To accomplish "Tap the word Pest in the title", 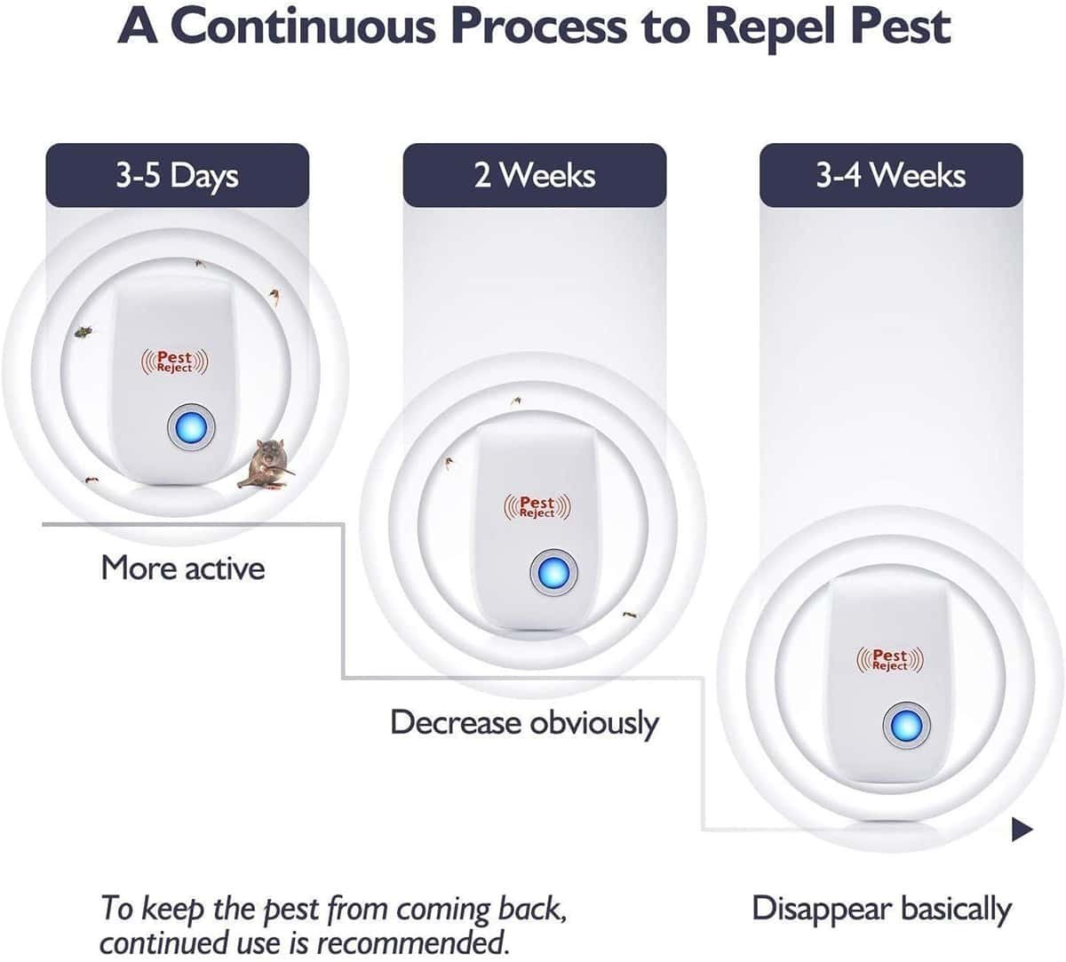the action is (x=899, y=27).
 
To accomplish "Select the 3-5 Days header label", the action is (x=177, y=175).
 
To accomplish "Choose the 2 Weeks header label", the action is (x=535, y=175).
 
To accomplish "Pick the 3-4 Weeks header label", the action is (x=891, y=175).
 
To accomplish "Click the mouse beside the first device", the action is (x=266, y=464).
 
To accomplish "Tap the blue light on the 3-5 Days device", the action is (x=191, y=427).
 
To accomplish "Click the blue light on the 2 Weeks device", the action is (x=553, y=573).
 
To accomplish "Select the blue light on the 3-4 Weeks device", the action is (x=907, y=726).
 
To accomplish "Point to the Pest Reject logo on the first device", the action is (x=175, y=362).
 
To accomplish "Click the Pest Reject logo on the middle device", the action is (x=537, y=506).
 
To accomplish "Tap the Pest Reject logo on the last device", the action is (x=890, y=659).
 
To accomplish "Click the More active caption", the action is (x=183, y=568).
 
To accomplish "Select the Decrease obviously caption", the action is (x=524, y=723).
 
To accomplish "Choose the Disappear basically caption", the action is (x=881, y=910).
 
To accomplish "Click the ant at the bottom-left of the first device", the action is (x=91, y=480).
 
